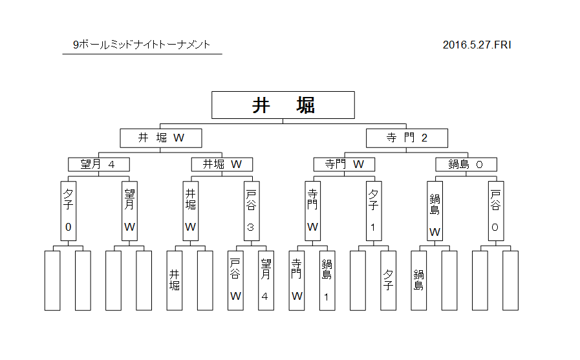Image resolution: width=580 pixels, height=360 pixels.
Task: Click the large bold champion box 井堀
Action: [283, 105]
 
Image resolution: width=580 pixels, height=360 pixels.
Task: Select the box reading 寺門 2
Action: [407, 138]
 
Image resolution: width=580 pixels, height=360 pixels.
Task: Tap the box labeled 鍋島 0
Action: [466, 164]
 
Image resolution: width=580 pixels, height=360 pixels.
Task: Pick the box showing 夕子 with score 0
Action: [69, 211]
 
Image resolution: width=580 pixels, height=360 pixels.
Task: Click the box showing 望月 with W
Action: [129, 211]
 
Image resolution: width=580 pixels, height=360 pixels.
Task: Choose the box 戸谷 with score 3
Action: [252, 211]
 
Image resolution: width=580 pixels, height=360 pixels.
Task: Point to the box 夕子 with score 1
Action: [374, 211]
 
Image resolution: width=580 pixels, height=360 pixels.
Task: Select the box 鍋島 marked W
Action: [435, 211]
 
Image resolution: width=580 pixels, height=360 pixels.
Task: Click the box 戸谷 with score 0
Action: [496, 211]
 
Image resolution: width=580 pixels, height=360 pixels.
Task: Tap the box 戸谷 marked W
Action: [235, 281]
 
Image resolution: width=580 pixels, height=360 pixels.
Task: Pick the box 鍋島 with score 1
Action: [327, 281]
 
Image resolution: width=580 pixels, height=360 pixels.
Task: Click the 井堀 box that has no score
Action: [174, 281]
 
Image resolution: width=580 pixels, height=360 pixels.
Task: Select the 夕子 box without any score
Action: [388, 281]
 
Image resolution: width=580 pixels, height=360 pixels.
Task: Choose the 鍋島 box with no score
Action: [419, 281]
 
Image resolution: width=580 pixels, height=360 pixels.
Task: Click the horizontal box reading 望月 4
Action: [99, 164]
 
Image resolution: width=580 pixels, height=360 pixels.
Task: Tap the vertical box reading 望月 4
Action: [266, 281]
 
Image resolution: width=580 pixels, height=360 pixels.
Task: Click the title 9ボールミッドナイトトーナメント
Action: [142, 45]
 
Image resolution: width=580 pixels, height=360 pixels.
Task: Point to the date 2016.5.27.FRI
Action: [477, 45]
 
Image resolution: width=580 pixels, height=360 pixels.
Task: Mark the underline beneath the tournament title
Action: [142, 54]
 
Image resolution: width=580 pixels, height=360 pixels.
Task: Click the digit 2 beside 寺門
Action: [424, 138]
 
